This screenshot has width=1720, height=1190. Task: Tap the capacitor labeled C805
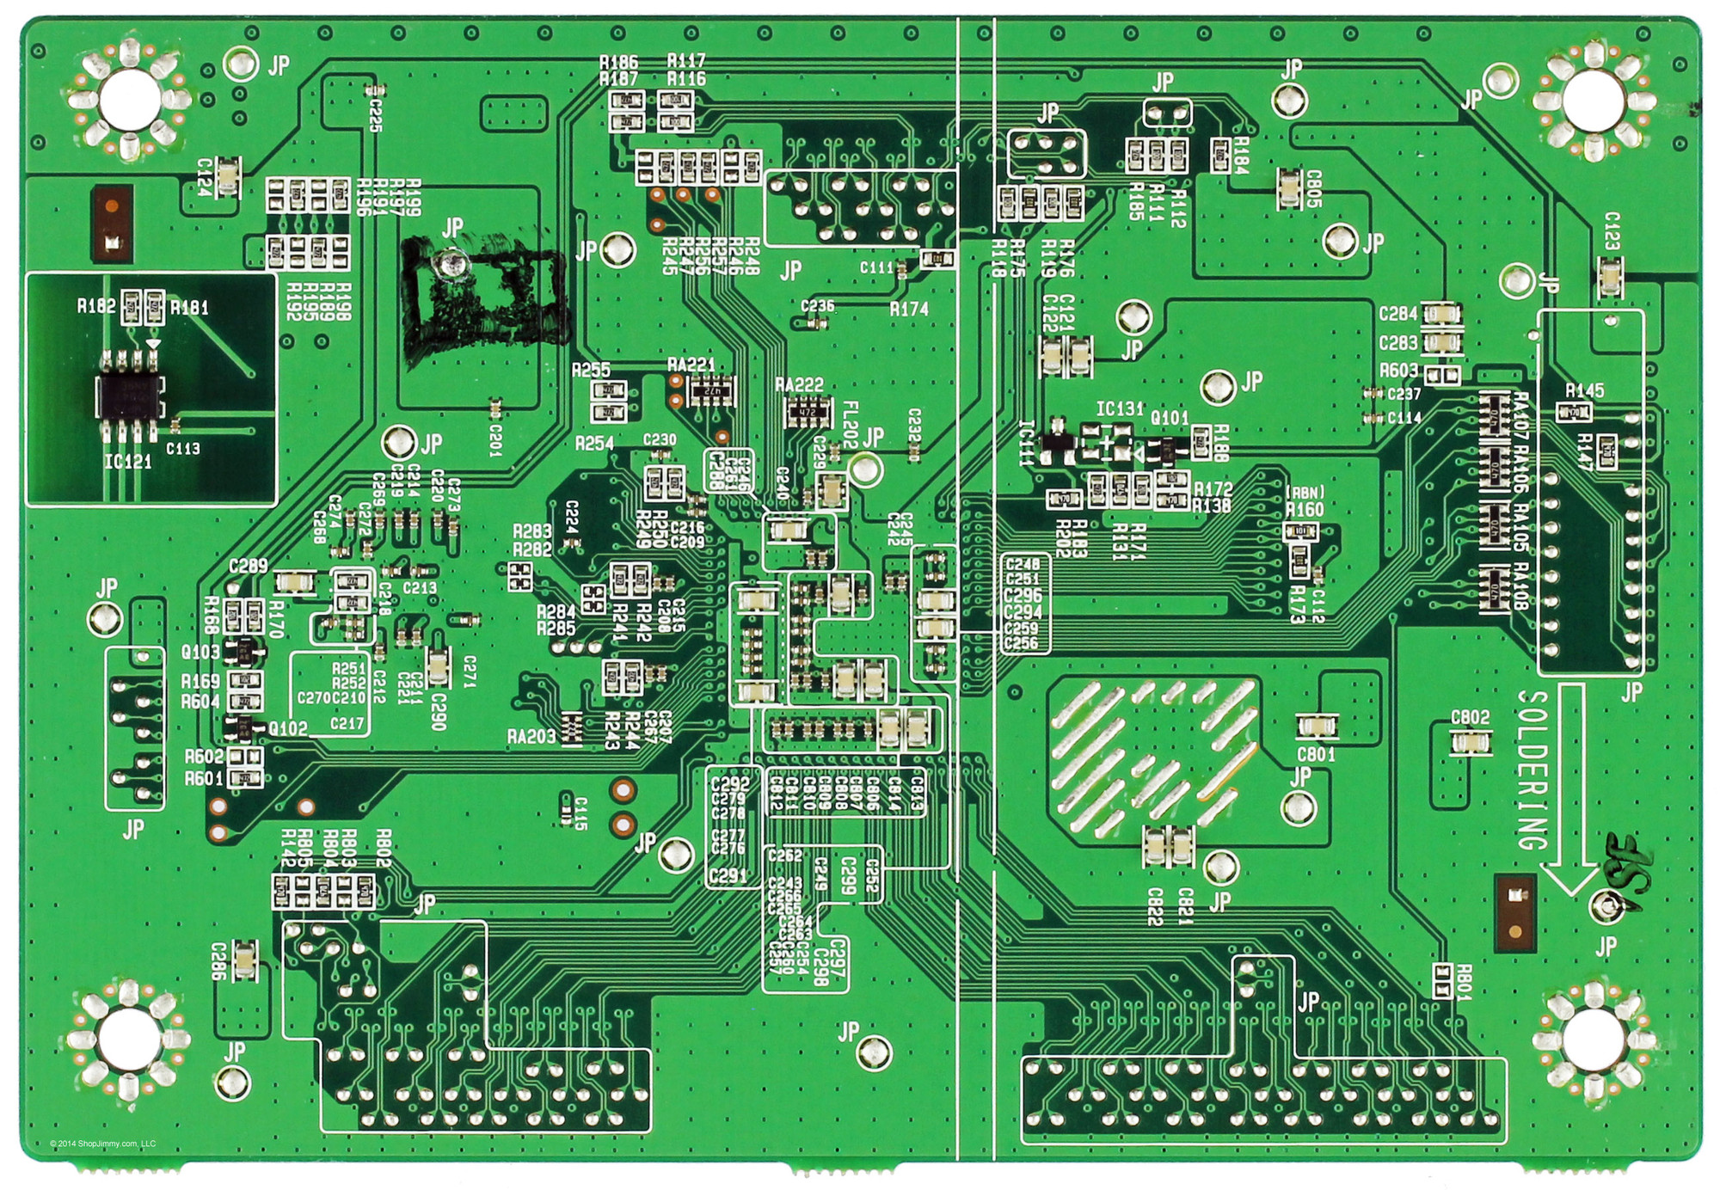pyautogui.click(x=1289, y=187)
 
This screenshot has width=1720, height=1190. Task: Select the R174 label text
pyautogui.click(x=909, y=309)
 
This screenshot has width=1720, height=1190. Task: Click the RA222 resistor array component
pyautogui.click(x=807, y=413)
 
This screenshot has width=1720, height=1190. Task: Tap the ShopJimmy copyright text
pyautogui.click(x=103, y=1144)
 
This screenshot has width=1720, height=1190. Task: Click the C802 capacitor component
pyautogui.click(x=1470, y=741)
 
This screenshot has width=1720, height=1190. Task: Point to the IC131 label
pyautogui.click(x=1120, y=408)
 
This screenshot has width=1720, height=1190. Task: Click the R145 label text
pyautogui.click(x=1584, y=390)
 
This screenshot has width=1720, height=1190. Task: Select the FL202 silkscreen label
pyautogui.click(x=850, y=419)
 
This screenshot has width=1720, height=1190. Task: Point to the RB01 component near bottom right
pyautogui.click(x=1441, y=979)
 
